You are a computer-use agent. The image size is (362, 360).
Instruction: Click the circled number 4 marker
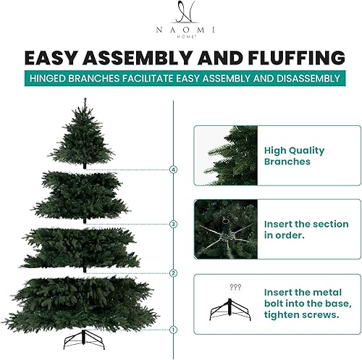(173, 169)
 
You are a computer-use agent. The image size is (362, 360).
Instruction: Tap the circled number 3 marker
(173, 224)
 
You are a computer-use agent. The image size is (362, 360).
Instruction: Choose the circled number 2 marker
(173, 273)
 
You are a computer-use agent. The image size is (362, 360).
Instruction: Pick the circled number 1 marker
(173, 330)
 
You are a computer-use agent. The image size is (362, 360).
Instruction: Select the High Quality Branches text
(294, 156)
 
